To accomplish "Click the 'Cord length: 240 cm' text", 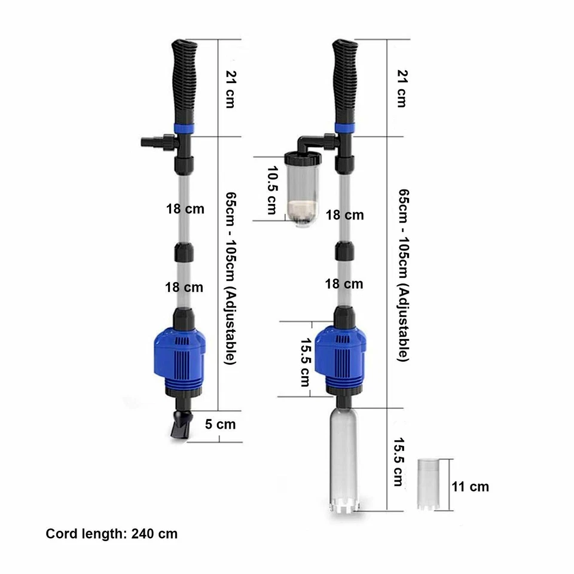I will (x=112, y=534).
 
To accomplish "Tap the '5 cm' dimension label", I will (x=220, y=425).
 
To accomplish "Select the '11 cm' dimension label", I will (x=471, y=486).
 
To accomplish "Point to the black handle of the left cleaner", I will (x=184, y=81).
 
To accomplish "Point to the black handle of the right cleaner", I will (x=346, y=81).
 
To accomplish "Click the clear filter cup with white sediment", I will (x=300, y=191).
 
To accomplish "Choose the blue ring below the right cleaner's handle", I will (x=345, y=128).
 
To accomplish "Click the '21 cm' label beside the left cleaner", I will (x=228, y=89).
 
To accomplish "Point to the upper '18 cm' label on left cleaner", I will (x=185, y=209).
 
